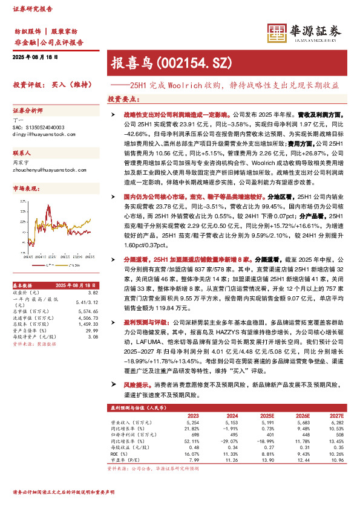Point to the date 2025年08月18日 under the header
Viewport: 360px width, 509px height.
(x=35, y=56)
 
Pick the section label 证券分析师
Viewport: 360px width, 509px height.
(x=28, y=111)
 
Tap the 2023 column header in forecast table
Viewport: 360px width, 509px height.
(x=192, y=415)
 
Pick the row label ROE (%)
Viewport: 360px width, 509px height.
(x=119, y=452)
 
